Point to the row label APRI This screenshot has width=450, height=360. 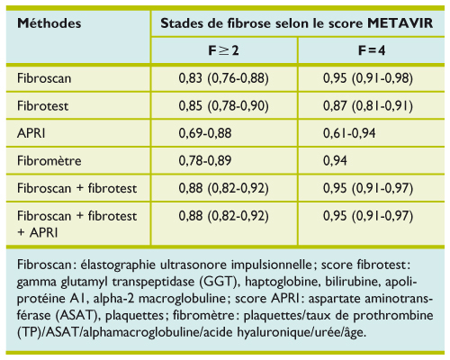click(x=30, y=133)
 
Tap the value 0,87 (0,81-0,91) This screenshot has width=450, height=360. click(x=367, y=105)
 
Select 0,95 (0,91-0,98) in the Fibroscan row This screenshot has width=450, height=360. click(x=367, y=79)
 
